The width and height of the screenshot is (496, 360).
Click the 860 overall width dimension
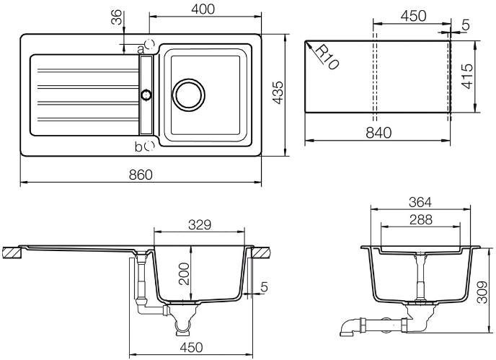pos(141,175)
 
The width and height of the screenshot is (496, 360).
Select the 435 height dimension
pos(278,92)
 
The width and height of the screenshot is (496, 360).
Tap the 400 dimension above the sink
pos(203,9)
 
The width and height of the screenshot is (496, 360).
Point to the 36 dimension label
pos(116,17)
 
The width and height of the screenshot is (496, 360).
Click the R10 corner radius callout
pos(327,57)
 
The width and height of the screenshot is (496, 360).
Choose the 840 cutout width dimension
pos(378,133)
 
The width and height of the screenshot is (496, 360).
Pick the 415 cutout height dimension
pos(467,76)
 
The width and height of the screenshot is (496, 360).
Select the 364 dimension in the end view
pos(420,202)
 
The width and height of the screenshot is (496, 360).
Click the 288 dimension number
pos(420,220)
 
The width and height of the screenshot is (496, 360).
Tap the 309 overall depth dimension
pos(482,292)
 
